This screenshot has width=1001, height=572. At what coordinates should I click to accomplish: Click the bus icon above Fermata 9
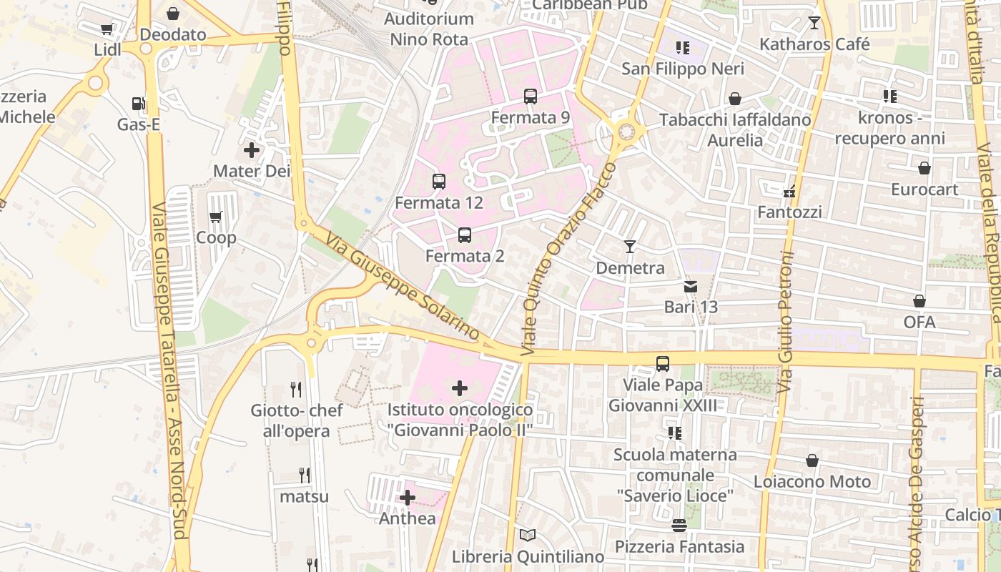[x=530, y=97]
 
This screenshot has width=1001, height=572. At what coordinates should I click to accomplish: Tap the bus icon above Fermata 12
[x=439, y=182]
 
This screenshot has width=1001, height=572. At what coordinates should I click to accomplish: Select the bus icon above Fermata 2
[x=465, y=235]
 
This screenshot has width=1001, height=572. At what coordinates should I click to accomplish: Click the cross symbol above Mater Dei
[x=252, y=150]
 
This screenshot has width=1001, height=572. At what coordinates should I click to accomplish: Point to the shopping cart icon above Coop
[x=216, y=217]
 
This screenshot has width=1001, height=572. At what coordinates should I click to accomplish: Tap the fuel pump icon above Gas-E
[x=138, y=104]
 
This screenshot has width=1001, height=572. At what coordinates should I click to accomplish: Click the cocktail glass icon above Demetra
[x=629, y=247]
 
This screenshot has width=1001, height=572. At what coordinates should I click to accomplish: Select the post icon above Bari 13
[x=690, y=287]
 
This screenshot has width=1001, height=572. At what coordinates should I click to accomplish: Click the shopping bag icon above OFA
[x=919, y=301]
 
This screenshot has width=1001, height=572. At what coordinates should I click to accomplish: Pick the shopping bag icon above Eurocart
[x=924, y=169]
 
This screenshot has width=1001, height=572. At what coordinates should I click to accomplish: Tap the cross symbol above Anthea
[x=408, y=498]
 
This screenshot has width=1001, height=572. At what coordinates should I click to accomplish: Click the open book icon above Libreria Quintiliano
[x=528, y=535]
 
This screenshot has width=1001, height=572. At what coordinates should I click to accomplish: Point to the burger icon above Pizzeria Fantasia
[x=679, y=526]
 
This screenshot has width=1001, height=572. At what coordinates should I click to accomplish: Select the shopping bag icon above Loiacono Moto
[x=812, y=460]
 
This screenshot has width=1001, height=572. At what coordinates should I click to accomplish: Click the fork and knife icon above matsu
[x=305, y=475]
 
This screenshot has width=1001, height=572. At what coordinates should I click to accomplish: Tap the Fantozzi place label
[x=789, y=212]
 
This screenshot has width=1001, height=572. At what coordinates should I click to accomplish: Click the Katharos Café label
[x=814, y=44]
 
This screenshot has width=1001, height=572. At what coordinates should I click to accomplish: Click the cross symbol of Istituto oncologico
[x=460, y=388]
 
